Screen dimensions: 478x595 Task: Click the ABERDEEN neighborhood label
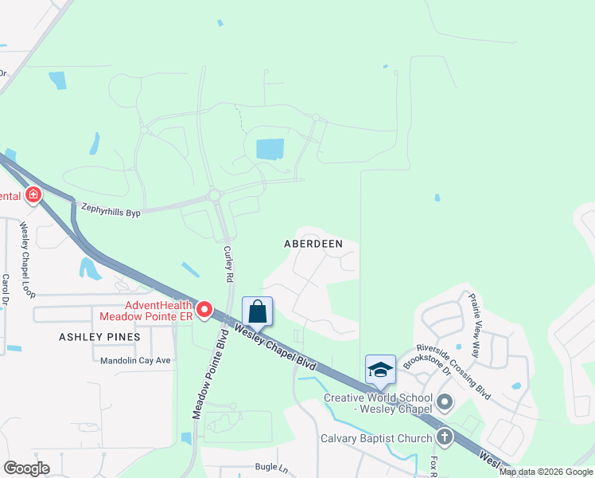[313, 245]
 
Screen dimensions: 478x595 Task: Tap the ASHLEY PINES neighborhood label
[99, 337]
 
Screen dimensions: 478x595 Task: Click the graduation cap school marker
[380, 369]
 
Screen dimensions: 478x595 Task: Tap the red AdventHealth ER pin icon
[204, 309]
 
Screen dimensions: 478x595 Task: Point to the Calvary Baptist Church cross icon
[444, 437]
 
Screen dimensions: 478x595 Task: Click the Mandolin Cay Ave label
[136, 360]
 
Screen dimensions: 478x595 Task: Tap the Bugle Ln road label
[270, 467]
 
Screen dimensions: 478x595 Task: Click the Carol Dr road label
[5, 291]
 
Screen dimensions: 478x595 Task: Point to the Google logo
[26, 468]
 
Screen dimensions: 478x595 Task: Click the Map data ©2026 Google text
[546, 472]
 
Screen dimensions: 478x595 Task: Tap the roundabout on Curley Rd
[214, 194]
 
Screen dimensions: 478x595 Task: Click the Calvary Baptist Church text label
[376, 438]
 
